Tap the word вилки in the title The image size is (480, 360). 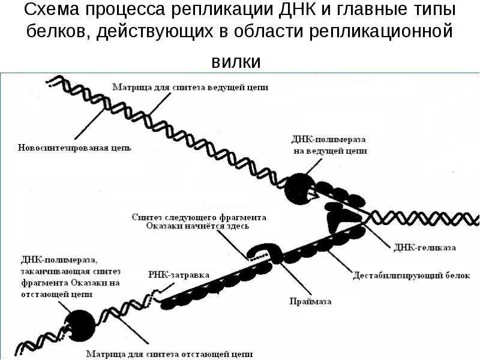coord(236,61)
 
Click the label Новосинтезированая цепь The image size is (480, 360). coord(74,148)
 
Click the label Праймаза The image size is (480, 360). coord(310,301)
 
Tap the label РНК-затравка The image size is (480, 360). coord(178,275)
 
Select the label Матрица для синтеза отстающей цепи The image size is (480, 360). coord(169,353)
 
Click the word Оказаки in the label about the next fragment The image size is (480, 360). coord(166,226)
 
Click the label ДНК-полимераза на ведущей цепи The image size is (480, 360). coord(329,145)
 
